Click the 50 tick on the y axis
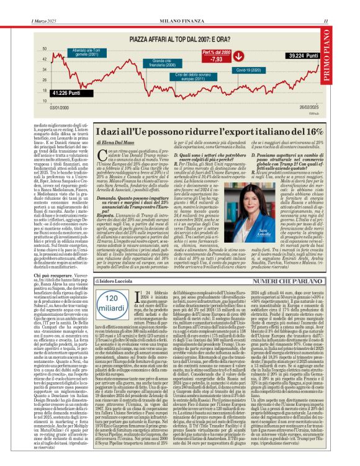pos(45,48)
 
